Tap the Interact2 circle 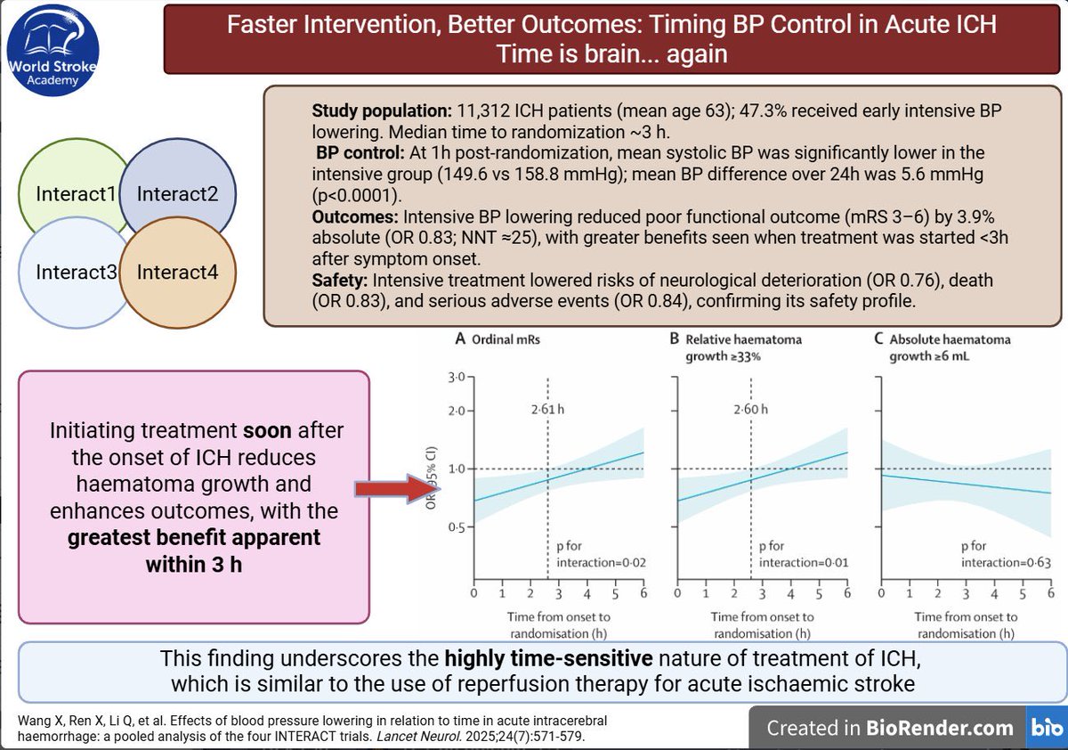pos(178,194)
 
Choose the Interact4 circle pos(178,272)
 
